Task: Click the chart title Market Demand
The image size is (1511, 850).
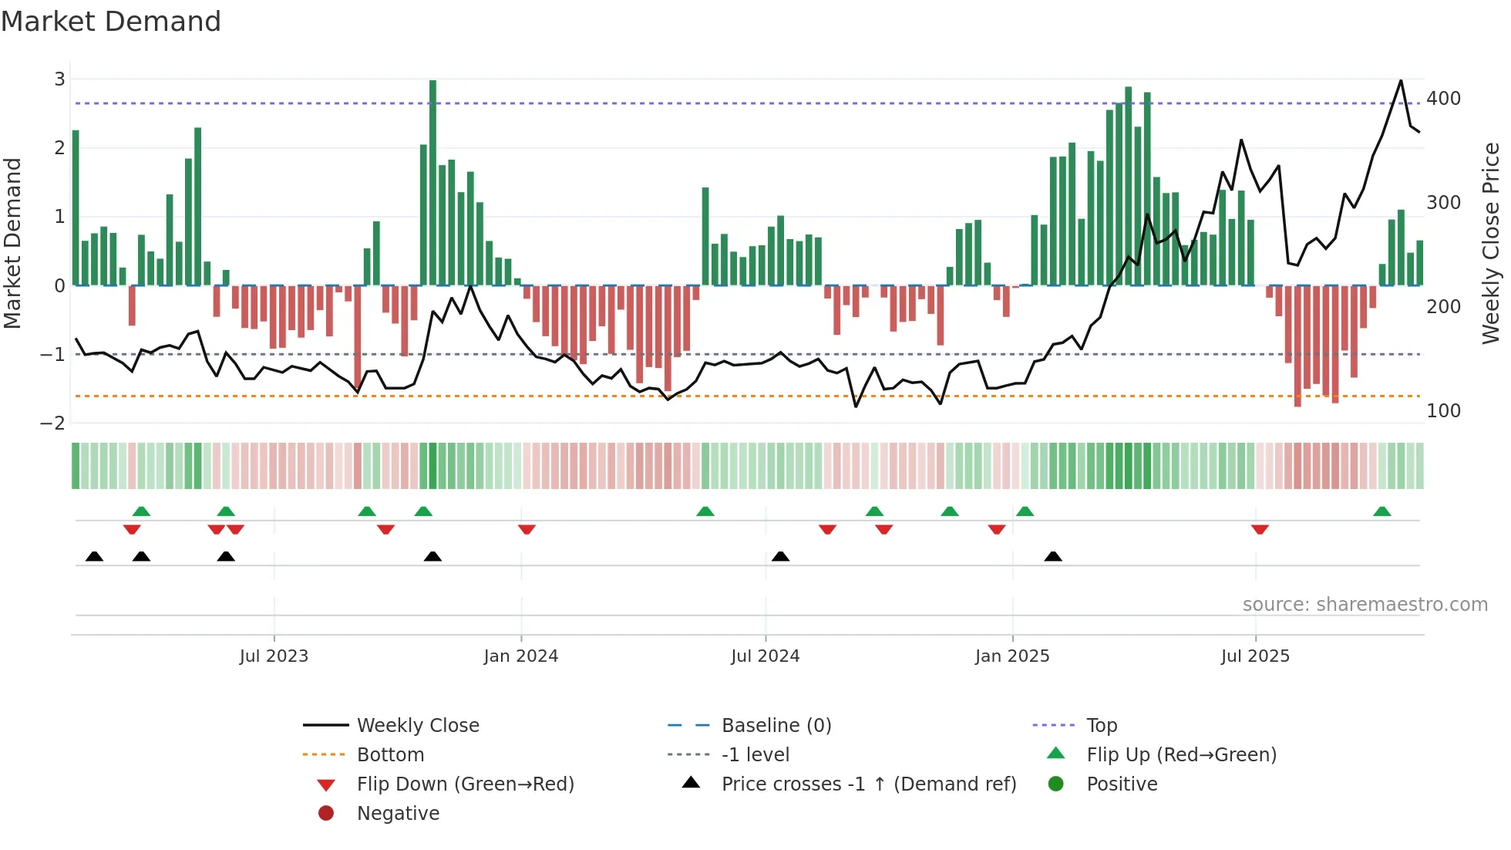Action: (111, 22)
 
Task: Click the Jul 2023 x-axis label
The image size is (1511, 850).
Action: (274, 656)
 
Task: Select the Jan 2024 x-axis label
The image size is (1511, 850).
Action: (520, 656)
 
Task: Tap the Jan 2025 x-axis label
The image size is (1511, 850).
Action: (1011, 656)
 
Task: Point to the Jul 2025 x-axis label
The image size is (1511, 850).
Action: (1255, 656)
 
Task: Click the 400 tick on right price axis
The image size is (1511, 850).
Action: (1443, 99)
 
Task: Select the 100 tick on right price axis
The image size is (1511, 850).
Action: (1443, 411)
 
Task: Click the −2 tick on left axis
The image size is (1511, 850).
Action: (52, 423)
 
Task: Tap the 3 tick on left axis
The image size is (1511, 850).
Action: (59, 79)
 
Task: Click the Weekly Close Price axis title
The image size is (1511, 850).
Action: (1491, 243)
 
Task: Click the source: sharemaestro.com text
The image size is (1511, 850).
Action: (1365, 605)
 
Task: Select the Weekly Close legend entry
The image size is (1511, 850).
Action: (417, 726)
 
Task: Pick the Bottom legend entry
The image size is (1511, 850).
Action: (390, 755)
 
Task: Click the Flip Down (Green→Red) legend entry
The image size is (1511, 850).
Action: (465, 784)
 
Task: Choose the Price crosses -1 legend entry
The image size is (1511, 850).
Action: (868, 784)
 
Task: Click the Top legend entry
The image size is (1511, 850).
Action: (1102, 726)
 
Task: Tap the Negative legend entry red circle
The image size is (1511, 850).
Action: (326, 814)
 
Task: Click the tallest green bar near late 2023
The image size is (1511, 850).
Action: (432, 182)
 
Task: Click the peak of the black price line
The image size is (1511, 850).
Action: (1401, 81)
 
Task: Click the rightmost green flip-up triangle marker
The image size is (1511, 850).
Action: (1382, 512)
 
